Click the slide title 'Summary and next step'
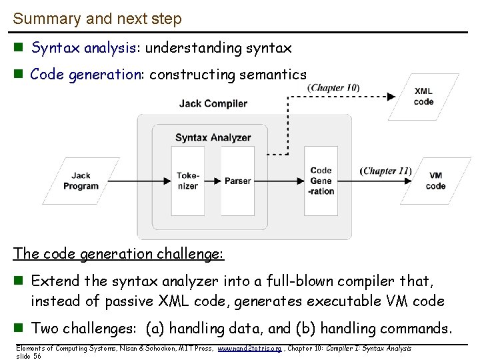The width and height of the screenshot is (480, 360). coord(97,19)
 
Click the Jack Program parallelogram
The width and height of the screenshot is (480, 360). coord(81,181)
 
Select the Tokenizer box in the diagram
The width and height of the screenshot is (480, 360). coord(187,181)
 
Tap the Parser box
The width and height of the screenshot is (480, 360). coord(237,181)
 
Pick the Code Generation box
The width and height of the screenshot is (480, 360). coord(321,181)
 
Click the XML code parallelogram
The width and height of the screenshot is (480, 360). coord(423,97)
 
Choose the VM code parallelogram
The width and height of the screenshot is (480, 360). coord(435,181)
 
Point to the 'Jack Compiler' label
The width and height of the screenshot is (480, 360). coord(213,103)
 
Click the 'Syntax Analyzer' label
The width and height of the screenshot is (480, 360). coord(213,138)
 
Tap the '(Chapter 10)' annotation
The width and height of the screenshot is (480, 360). coord(334,88)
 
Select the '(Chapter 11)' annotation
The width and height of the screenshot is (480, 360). coord(385,171)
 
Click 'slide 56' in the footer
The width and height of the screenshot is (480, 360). coord(29,356)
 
